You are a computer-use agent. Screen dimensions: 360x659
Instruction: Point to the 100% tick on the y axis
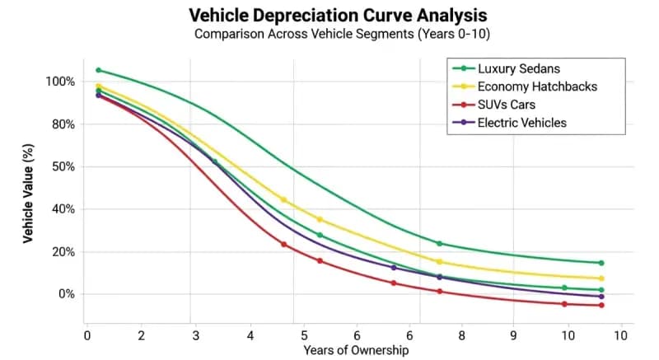60,82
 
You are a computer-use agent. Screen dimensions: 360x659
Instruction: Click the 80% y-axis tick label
63,124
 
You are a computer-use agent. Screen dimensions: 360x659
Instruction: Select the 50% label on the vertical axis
63,166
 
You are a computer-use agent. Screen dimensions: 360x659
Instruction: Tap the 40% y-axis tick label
63,209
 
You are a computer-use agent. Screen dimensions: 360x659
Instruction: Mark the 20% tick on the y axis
63,252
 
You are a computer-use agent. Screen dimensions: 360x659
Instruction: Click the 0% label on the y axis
66,294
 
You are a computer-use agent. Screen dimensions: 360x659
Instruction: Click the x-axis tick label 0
87,335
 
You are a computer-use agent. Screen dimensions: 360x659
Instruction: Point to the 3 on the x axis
195,335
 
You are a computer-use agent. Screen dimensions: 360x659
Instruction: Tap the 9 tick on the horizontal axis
514,335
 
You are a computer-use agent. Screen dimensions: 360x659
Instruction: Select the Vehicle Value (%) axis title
28,189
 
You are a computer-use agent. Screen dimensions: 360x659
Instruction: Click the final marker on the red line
601,306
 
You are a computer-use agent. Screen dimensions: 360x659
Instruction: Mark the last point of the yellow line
601,278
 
